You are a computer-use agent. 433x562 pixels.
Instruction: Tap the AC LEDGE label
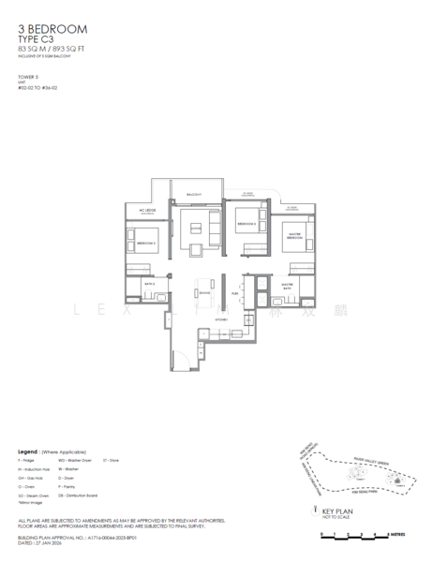click(x=146, y=210)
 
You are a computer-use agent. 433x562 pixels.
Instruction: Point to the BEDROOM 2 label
click(x=246, y=225)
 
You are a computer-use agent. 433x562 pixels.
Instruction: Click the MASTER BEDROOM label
click(x=292, y=233)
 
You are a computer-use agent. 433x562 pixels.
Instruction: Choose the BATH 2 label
click(x=148, y=281)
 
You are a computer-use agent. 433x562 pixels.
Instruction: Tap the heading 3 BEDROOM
click(x=52, y=31)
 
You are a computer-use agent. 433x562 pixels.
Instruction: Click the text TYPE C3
click(x=40, y=41)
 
